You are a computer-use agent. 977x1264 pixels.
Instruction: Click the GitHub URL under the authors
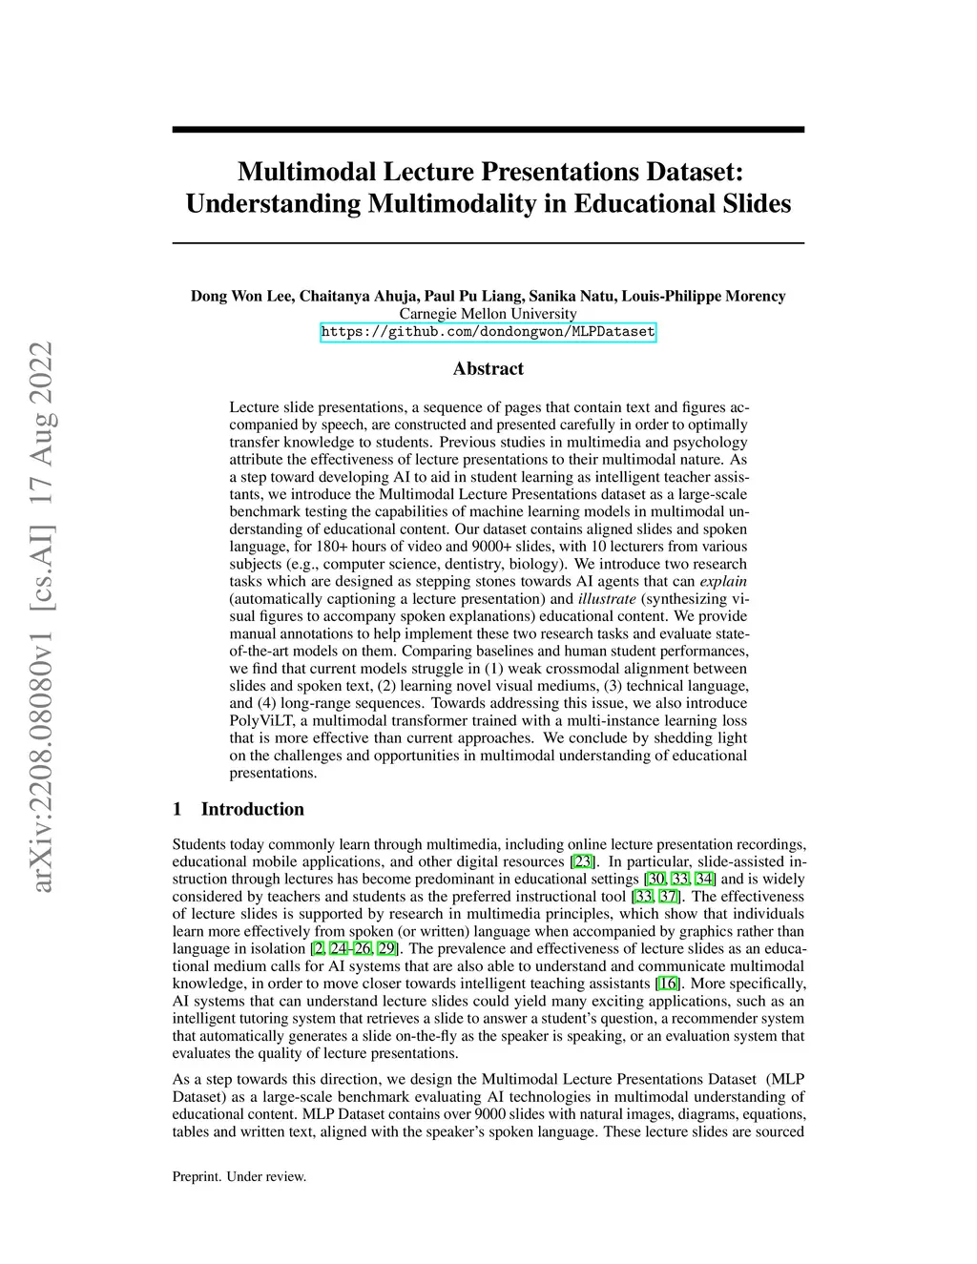[488, 332]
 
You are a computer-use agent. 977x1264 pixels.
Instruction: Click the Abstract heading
[488, 369]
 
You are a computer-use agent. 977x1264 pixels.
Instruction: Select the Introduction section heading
[252, 809]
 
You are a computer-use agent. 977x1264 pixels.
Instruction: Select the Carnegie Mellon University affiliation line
[488, 314]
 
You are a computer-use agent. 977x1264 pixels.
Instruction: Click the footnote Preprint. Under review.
[239, 1176]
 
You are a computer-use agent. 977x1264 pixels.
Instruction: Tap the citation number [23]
[582, 861]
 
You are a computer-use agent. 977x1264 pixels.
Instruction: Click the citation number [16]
[667, 984]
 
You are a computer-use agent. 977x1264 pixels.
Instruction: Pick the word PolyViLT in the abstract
[261, 720]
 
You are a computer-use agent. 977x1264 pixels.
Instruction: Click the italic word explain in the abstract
[723, 581]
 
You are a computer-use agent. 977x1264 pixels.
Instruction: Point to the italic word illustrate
[607, 599]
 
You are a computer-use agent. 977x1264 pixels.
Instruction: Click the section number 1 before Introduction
[177, 809]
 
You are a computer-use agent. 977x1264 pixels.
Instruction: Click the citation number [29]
[387, 948]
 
